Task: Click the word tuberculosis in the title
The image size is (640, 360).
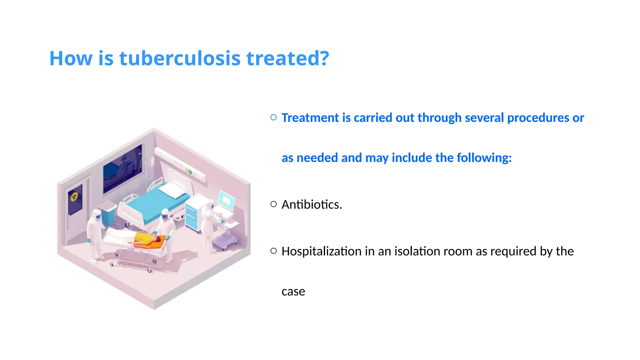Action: click(x=180, y=58)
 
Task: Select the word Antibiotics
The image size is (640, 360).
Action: click(x=312, y=205)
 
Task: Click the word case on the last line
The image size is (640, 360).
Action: click(x=293, y=291)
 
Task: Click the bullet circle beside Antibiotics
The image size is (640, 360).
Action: click(x=273, y=204)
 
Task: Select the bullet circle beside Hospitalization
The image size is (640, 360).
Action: click(x=273, y=251)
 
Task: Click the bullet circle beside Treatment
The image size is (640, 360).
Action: click(x=273, y=117)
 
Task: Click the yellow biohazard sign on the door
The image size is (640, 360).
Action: click(x=74, y=197)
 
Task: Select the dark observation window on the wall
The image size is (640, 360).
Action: click(x=122, y=169)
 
